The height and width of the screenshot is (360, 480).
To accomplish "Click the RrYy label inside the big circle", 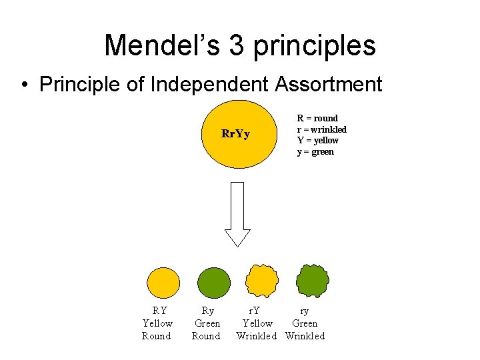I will coord(235,134).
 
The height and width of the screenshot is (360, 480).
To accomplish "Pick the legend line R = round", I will coord(317,118).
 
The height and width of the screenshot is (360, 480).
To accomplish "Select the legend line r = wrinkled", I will coord(321,129).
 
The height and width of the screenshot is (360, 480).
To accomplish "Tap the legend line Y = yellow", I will coord(318,141).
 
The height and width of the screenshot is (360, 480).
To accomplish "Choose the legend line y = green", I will coord(315,152).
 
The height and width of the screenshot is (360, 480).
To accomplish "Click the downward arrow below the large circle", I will coord(237,213).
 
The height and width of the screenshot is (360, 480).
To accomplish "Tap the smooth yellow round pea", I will coord(163,282).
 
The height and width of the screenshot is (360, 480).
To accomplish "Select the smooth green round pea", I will coord(213,282).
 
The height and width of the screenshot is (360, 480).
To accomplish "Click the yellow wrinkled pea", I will coord(261,281).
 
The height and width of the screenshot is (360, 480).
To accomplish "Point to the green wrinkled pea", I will coord(312,281).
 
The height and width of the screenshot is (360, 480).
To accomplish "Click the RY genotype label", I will coord(159,311).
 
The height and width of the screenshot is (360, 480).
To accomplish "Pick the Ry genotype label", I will coord(208,311).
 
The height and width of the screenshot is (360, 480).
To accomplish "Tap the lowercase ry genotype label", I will coord(304,311).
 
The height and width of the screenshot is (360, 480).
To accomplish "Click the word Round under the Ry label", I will coord(206,336).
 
